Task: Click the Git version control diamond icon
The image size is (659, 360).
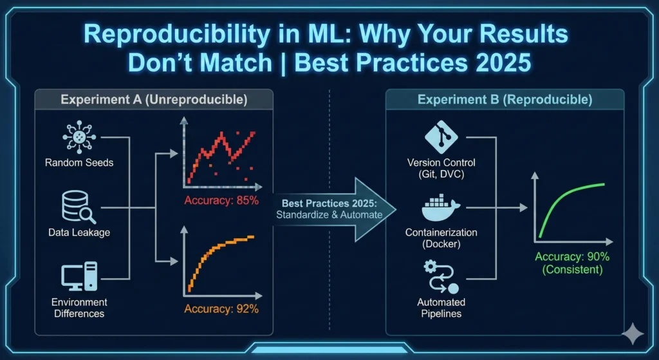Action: (441, 137)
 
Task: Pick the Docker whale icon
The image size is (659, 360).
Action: (441, 208)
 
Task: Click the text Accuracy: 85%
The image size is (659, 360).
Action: (221, 200)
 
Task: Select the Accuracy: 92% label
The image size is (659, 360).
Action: (221, 308)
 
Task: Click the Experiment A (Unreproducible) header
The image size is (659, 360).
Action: (153, 100)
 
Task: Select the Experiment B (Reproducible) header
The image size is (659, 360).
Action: (505, 100)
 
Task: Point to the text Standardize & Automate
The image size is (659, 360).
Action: (329, 214)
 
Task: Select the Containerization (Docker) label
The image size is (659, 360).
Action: (441, 238)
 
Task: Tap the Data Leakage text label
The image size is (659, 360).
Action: (79, 232)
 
